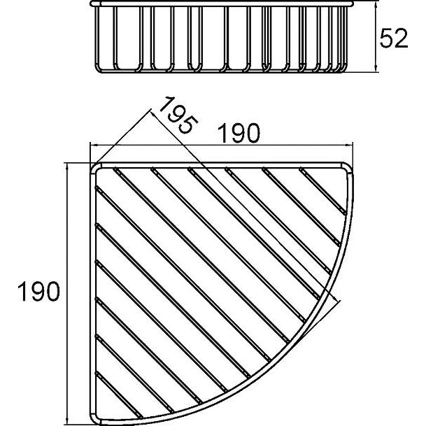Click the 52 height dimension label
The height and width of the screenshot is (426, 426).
tap(394, 38)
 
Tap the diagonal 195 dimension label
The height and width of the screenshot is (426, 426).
tap(178, 115)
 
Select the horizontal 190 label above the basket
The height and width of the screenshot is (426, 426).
tap(239, 133)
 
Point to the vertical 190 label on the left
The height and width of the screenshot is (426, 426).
tap(38, 291)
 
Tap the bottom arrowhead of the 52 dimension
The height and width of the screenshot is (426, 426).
tap(376, 69)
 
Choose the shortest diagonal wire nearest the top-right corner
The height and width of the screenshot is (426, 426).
tap(322, 191)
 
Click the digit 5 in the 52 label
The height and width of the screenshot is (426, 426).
tap(386, 38)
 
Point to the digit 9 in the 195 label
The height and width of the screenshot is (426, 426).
tap(178, 115)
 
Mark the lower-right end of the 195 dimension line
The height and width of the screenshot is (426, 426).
tap(339, 301)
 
